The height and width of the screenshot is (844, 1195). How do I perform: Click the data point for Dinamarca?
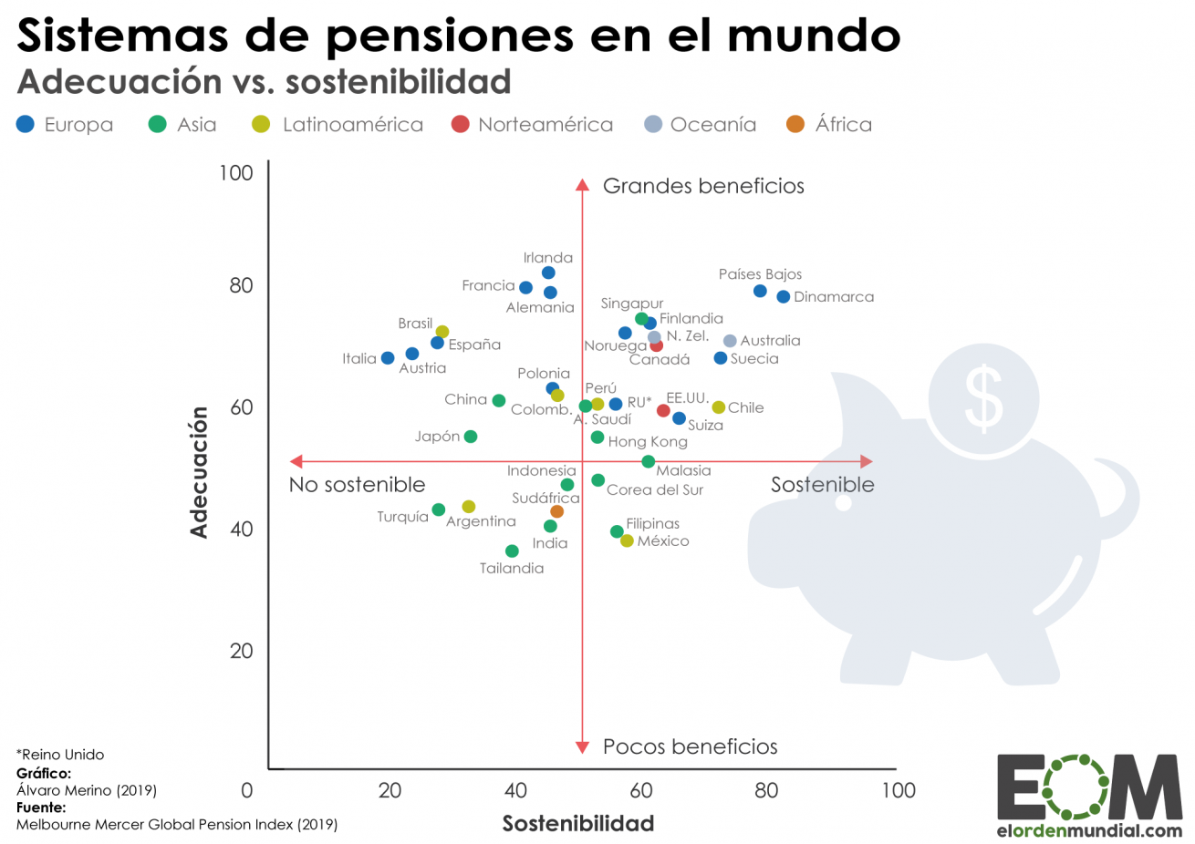coord(783,297)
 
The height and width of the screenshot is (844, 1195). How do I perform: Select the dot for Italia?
coord(388,358)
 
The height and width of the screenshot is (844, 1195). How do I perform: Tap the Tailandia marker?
coord(512,551)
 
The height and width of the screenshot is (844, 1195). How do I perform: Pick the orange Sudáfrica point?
coord(556,511)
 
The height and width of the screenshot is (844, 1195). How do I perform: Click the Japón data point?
coord(471,437)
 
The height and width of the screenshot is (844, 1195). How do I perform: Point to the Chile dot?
coord(719,407)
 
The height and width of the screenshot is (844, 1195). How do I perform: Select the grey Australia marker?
coord(730,341)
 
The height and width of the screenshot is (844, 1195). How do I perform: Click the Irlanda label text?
coord(547,258)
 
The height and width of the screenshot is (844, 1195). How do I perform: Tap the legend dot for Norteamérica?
coord(461,124)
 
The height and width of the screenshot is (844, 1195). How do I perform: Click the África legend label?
coord(843,125)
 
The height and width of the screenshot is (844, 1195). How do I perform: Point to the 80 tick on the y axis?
coord(241,285)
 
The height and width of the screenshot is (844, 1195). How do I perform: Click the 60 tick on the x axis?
coord(640,790)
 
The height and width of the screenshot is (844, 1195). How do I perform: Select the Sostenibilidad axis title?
coord(577,823)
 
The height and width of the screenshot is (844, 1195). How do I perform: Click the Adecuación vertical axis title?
coord(199,471)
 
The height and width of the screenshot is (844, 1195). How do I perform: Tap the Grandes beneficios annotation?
coord(703,186)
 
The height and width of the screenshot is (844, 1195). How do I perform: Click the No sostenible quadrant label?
coord(357,485)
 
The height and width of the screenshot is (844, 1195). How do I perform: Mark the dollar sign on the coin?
coord(983,398)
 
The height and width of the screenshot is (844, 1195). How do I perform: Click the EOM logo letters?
coord(1089,787)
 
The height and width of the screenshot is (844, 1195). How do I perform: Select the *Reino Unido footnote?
coord(60,755)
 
